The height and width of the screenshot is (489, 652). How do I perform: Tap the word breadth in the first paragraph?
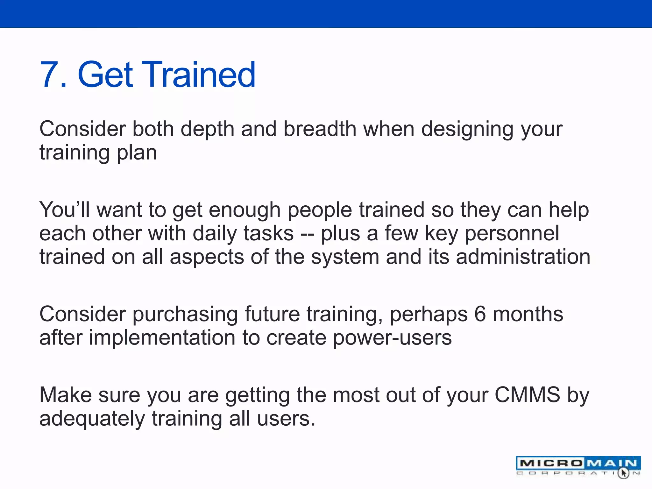tap(320, 129)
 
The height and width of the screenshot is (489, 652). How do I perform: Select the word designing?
tap(467, 130)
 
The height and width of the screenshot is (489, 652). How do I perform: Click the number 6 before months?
tap(480, 314)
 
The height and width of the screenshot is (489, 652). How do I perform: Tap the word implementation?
tap(162, 338)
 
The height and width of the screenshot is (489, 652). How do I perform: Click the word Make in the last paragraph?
tap(66, 395)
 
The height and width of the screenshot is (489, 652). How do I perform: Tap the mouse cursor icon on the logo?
tap(623, 473)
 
